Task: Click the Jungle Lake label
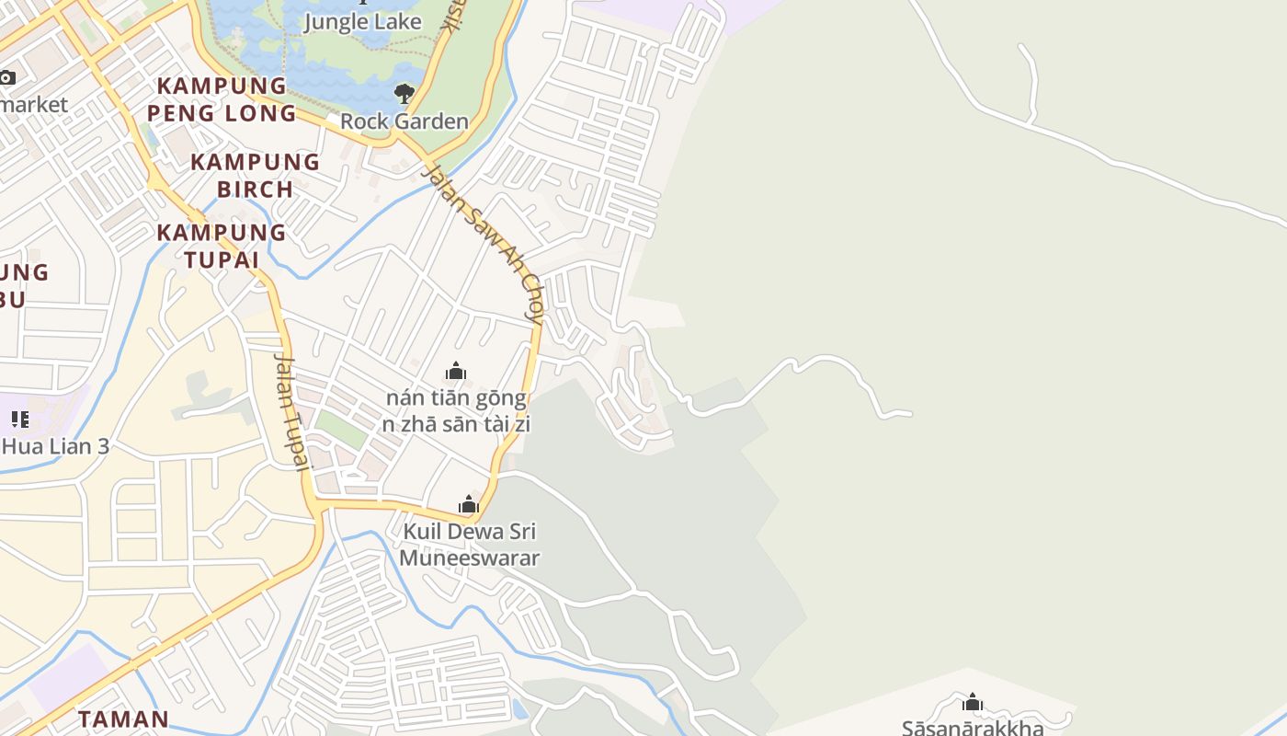point(362,22)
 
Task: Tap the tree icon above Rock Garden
point(404,93)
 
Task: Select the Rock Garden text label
point(404,121)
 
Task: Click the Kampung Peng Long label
point(222,99)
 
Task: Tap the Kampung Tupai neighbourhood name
point(221,246)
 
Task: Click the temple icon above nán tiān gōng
point(455,372)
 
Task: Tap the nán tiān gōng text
point(456,398)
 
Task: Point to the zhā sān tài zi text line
point(456,424)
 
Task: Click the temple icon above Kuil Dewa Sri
point(469,504)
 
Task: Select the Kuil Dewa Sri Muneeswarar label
point(469,545)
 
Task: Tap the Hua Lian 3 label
point(55,447)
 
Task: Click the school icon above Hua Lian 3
point(19,420)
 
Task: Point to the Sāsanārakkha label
point(972,728)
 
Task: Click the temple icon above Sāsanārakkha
point(972,704)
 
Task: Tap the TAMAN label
point(123,719)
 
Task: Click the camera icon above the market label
point(7,78)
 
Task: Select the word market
point(34,105)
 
